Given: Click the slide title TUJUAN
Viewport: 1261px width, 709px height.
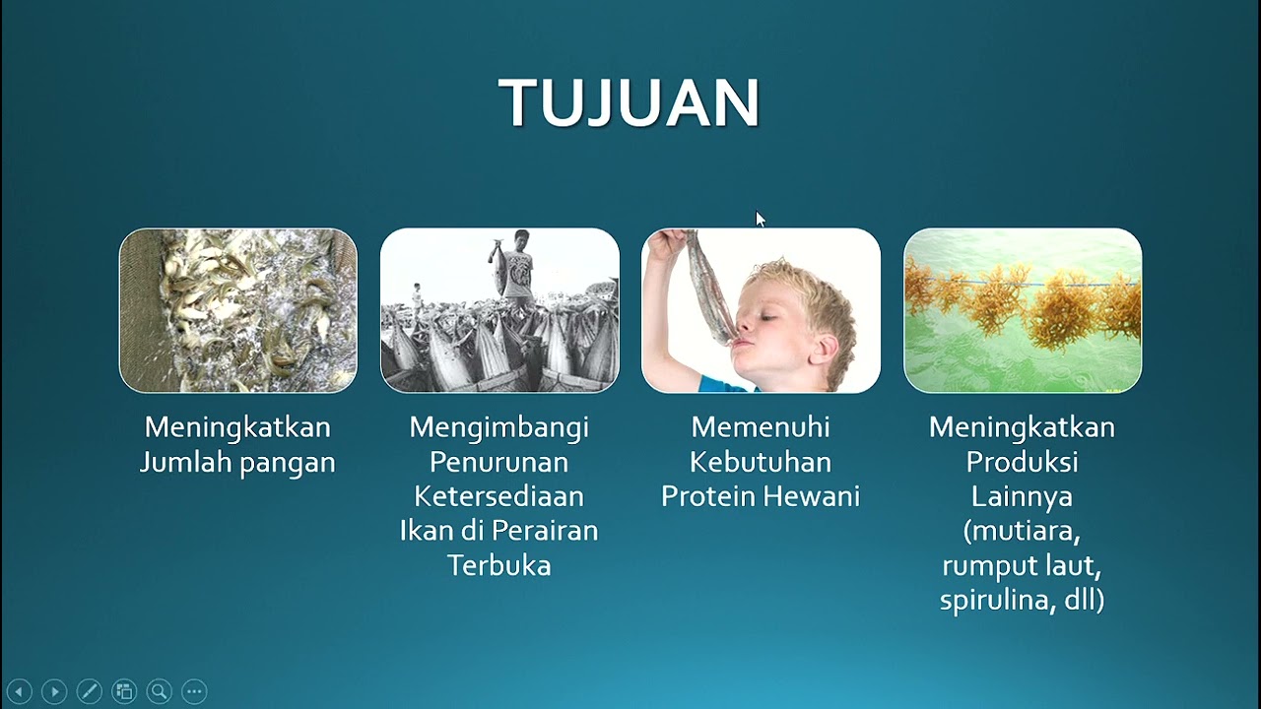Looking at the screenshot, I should pos(630,102).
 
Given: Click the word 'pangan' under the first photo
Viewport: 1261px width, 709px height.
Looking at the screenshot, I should pos(292,463).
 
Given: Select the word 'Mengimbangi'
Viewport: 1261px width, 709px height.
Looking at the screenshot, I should pos(498,427).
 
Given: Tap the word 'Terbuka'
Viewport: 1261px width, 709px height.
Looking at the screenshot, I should pos(498,565).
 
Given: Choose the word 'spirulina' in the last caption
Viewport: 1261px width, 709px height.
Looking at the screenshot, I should pos(996,601).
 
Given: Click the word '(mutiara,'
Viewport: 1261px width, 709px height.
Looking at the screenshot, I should pos(1022,532).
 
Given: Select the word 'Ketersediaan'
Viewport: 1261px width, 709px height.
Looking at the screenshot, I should pos(498,496).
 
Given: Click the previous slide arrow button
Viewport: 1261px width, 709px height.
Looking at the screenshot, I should pos(19,691).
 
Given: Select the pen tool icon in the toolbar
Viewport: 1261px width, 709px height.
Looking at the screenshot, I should pos(89,691).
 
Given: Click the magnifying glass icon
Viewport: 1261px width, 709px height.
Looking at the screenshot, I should pos(159,691).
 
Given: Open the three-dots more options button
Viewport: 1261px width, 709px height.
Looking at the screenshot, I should pos(194,691).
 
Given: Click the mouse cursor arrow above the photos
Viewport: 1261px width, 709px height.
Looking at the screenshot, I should pos(760,219).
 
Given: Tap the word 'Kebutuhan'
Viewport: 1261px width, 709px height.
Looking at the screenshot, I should pos(760,462).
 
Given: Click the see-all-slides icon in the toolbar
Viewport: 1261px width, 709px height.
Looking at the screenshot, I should pos(124,691).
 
